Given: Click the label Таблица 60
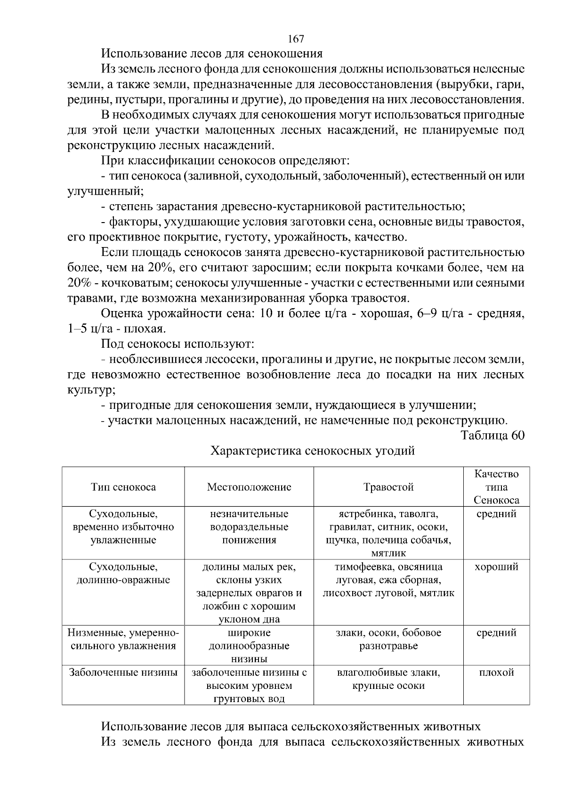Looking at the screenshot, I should tap(492, 435).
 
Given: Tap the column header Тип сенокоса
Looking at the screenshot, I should tap(123, 487).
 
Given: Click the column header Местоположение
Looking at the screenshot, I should tap(249, 487).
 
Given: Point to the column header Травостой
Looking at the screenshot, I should tap(388, 487).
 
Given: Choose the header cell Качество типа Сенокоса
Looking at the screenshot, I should tap(496, 487).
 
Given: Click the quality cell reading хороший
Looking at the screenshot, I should tap(496, 567).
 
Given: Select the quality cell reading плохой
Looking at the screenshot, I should tap(496, 672).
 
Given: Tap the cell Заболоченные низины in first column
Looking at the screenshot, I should tap(123, 672).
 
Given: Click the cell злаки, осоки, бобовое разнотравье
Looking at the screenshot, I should tap(388, 639).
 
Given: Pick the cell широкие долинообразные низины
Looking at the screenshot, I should tap(249, 646).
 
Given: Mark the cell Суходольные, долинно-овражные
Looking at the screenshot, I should tap(123, 573).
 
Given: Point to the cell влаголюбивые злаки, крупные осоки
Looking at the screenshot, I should tap(388, 679).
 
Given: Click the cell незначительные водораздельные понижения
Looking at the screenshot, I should tap(249, 527).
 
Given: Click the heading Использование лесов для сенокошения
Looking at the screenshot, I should tap(212, 54).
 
